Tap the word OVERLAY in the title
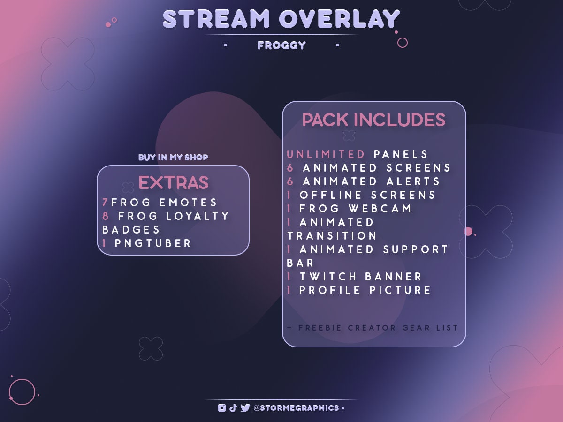coord(339,20)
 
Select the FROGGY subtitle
coord(281,45)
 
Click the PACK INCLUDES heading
coord(373,120)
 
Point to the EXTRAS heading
coord(173,183)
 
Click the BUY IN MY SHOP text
coord(173,158)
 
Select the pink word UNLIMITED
coord(326,154)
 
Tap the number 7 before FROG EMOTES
coord(105,203)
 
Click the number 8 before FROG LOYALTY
coord(106,216)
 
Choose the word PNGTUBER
coord(153,243)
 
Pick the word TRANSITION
coord(332,236)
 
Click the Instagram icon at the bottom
coord(222,408)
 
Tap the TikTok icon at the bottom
coord(233,408)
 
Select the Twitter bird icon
coord(245,408)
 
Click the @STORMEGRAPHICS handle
coord(296,408)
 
